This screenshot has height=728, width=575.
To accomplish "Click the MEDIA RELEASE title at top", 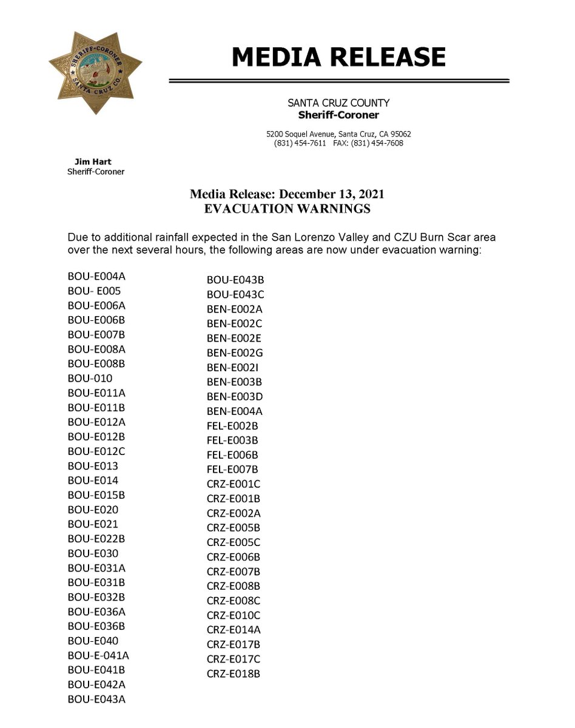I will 338,57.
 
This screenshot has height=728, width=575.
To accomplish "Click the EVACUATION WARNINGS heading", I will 286,209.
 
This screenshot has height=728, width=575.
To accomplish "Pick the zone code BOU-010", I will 90,378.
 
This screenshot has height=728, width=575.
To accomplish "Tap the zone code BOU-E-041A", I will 98,655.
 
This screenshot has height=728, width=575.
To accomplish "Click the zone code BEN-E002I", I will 234,368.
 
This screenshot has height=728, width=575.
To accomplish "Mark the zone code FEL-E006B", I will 232,455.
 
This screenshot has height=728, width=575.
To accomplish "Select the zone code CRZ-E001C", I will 234,484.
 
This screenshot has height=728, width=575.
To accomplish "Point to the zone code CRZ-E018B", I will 234,673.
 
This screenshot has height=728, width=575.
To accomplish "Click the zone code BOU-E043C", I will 235,295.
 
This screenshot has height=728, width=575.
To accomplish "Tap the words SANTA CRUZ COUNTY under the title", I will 338,103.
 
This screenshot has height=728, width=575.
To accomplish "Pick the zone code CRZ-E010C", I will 234,615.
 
